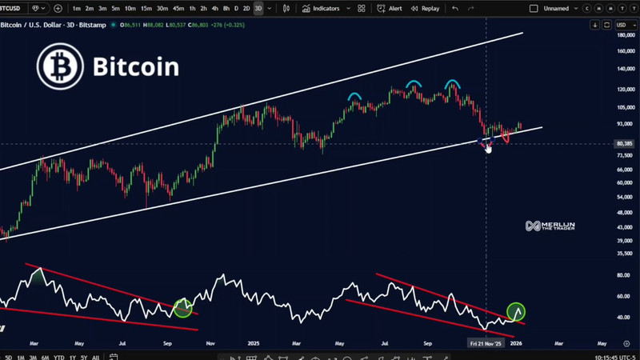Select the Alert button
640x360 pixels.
tap(391, 8)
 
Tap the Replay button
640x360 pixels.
tap(426, 8)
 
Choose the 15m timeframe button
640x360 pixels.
tap(146, 8)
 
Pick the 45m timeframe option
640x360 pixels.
tap(178, 8)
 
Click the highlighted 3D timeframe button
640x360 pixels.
tap(257, 8)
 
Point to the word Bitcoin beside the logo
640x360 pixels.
tap(136, 66)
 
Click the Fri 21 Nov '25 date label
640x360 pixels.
tap(486, 342)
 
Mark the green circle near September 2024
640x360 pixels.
tap(183, 308)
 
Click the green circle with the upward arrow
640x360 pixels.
tap(516, 312)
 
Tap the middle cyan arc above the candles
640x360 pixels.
tap(413, 83)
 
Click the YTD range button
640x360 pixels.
tap(58, 357)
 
